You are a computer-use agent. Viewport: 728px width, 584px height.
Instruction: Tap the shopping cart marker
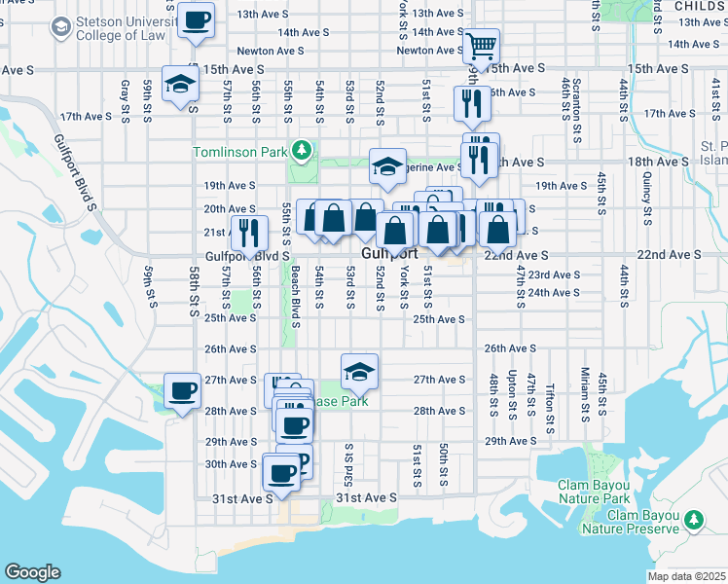[x=480, y=46]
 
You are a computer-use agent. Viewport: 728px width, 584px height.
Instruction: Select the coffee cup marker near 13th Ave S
[x=197, y=21]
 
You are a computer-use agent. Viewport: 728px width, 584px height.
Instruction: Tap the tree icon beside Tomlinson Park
[x=303, y=150]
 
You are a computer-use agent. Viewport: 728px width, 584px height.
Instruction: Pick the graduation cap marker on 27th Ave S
[x=359, y=371]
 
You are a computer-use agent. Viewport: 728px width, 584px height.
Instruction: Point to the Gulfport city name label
[x=389, y=253]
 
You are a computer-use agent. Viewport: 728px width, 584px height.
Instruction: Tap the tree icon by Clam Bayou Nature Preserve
[x=695, y=520]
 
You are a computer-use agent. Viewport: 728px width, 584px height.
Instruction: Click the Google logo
[x=32, y=571]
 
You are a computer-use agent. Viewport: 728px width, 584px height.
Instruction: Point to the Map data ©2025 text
[x=686, y=576]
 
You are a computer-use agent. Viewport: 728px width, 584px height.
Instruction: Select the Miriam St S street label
[x=585, y=389]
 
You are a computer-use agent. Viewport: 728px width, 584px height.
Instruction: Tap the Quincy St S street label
[x=647, y=192]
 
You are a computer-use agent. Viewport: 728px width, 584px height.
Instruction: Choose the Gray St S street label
[x=126, y=98]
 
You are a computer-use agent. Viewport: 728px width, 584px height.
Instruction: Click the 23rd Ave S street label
[x=555, y=275]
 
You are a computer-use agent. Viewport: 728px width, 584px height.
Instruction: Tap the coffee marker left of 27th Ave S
[x=182, y=391]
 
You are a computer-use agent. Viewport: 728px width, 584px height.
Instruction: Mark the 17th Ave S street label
[x=87, y=116]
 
